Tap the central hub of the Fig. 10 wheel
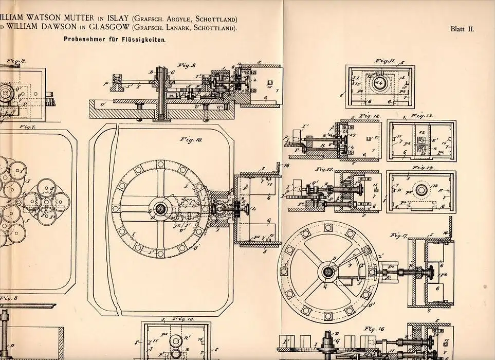[x=160, y=209]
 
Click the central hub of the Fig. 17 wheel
[x=327, y=271]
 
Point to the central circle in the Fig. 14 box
[x=421, y=190]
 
